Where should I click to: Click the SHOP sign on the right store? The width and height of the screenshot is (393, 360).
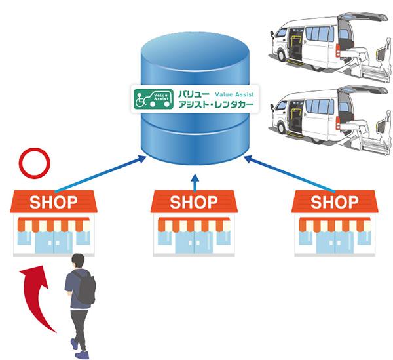(334, 201)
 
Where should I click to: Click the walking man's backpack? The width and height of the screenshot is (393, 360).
(84, 288)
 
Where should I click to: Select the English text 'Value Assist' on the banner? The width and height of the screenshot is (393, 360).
(232, 93)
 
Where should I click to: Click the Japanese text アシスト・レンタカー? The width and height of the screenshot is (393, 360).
(215, 105)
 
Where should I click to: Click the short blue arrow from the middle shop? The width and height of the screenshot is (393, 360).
(194, 180)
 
